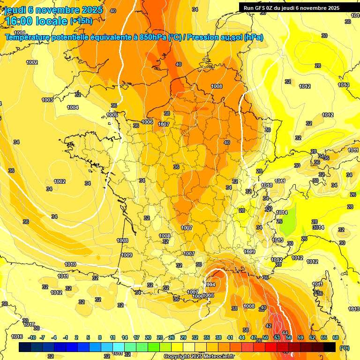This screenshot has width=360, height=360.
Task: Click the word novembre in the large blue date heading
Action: tap(54, 9)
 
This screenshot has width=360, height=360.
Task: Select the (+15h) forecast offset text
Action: tap(81, 21)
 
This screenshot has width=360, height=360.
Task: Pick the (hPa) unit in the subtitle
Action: tap(254, 37)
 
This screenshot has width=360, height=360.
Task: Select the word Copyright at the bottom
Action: tap(177, 357)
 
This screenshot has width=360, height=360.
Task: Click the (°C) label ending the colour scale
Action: tap(344, 348)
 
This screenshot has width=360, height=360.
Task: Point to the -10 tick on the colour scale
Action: tap(32, 337)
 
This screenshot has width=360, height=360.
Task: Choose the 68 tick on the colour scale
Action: tap(336, 337)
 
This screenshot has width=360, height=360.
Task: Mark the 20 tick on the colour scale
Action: tap(148, 337)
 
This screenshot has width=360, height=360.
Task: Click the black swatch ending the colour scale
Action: tap(330, 347)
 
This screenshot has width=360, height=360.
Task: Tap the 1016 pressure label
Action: tap(17, 337)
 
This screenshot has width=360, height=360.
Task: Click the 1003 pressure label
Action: tap(47, 100)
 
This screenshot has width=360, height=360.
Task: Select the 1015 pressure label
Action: tap(29, 324)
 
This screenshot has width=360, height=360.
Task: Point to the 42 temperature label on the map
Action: tap(269, 326)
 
